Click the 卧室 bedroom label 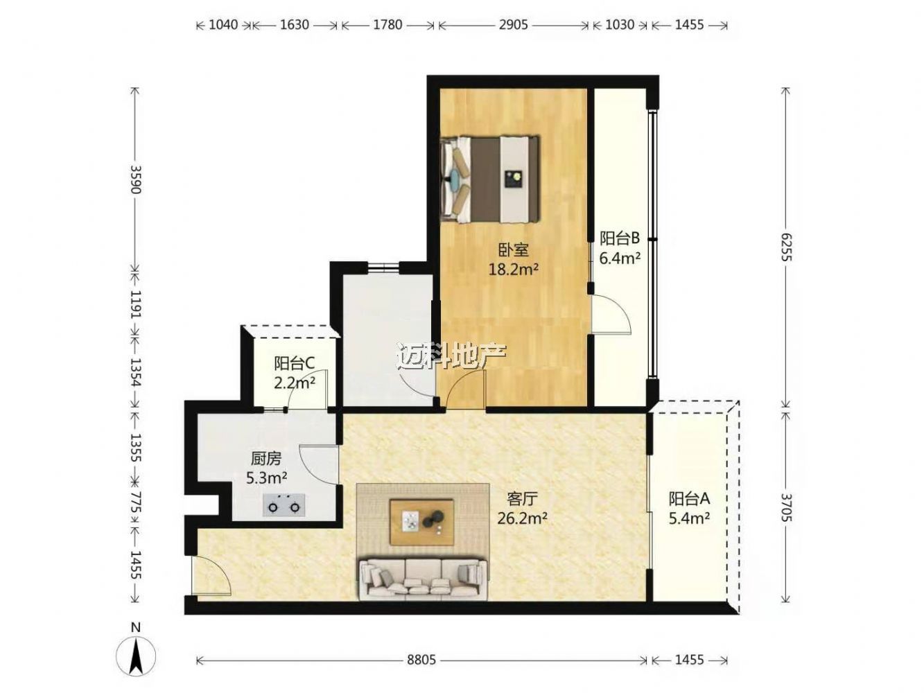coord(513,250)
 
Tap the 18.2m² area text coord(513,269)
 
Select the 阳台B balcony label coord(620,238)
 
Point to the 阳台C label coord(294,363)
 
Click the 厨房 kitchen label coord(266,459)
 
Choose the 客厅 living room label coord(523,499)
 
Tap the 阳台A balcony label coord(690,498)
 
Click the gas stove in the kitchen coord(284,505)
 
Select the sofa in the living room coord(423,579)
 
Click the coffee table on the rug coord(422,522)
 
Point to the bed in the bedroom coord(490,179)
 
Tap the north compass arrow coord(136,657)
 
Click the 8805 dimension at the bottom coord(421,660)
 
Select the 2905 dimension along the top coord(513,25)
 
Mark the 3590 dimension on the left coord(136,179)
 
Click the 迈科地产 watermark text coord(452,356)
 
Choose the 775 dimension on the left coord(136,503)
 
